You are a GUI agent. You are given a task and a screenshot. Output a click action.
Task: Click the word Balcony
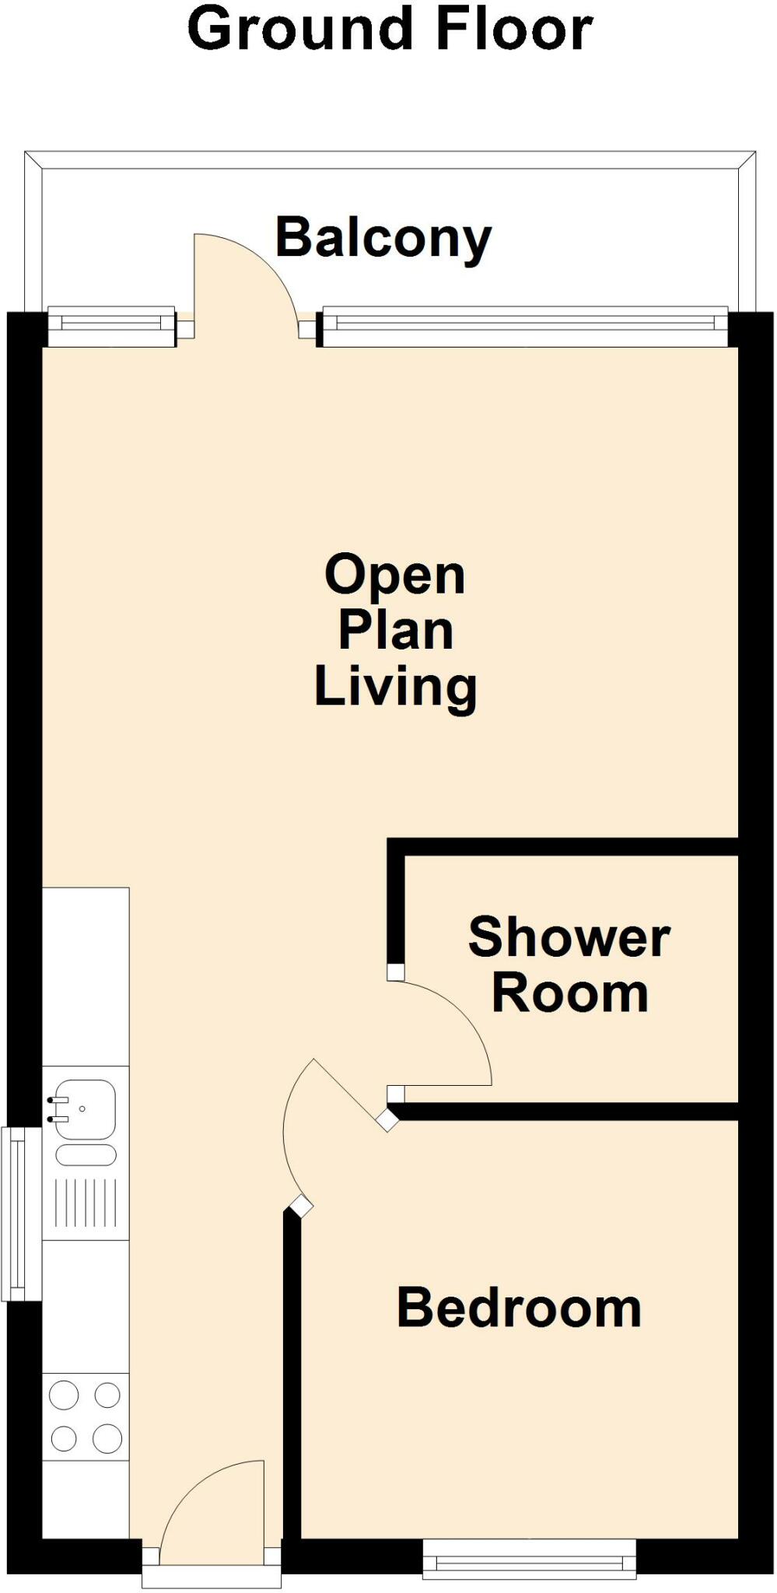click(x=383, y=238)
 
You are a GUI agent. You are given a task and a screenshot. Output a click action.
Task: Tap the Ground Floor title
click(x=390, y=30)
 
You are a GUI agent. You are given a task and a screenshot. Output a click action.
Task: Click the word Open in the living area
click(x=394, y=576)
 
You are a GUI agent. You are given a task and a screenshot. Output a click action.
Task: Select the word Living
click(x=395, y=687)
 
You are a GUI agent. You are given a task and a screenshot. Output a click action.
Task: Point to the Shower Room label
click(x=569, y=965)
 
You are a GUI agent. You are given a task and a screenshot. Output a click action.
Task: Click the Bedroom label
click(x=519, y=1308)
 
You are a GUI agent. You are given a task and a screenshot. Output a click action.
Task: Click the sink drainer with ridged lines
click(x=86, y=1203)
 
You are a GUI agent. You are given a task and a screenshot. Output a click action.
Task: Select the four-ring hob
click(x=86, y=1416)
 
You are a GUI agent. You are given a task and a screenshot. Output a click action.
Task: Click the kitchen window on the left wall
click(x=12, y=1213)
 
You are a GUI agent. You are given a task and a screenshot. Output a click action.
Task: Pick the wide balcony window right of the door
click(x=525, y=327)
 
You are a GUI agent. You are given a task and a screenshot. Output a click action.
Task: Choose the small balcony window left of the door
click(x=111, y=326)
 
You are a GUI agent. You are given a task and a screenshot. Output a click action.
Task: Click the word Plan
click(x=395, y=631)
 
